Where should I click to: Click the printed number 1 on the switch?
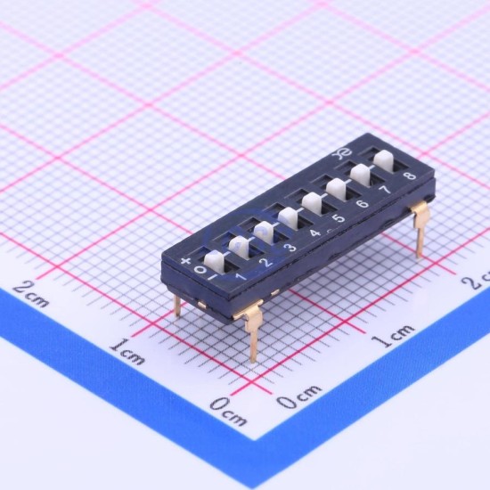[241, 276]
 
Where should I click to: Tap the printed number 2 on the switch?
[267, 262]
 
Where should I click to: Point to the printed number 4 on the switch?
[315, 233]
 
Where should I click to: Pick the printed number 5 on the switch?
[339, 217]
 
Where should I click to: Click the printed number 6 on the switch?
[363, 204]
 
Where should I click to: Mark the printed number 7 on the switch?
[386, 190]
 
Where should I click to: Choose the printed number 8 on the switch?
[410, 176]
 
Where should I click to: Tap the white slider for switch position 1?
[214, 261]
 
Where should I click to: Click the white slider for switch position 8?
[383, 160]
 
